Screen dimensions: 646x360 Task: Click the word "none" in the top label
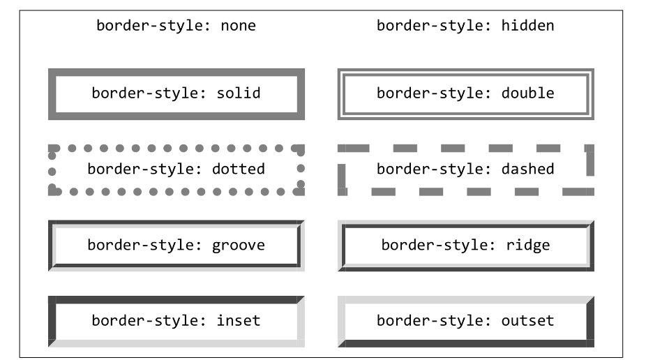[x=238, y=26]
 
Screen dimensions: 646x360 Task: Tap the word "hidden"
[x=527, y=26]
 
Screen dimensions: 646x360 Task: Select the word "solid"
[x=239, y=93]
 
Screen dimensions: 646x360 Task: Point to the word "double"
[x=527, y=93]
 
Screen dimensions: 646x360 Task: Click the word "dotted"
[x=238, y=169]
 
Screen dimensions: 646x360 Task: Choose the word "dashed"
[x=527, y=169]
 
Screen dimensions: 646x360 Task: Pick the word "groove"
[x=238, y=246]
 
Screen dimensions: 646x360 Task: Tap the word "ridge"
[x=527, y=245]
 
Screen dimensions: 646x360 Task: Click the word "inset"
[x=239, y=320]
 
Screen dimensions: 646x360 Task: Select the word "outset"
[x=527, y=321]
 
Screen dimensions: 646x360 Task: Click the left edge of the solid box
[x=52, y=94]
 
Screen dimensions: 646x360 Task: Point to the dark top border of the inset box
[x=176, y=299]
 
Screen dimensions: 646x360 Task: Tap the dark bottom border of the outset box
[x=466, y=343]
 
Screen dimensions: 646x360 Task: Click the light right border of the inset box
[x=301, y=322]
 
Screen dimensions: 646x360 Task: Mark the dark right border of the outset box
[x=590, y=322]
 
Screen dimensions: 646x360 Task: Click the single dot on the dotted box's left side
[x=52, y=172]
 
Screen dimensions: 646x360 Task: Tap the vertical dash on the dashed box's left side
[x=342, y=176]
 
